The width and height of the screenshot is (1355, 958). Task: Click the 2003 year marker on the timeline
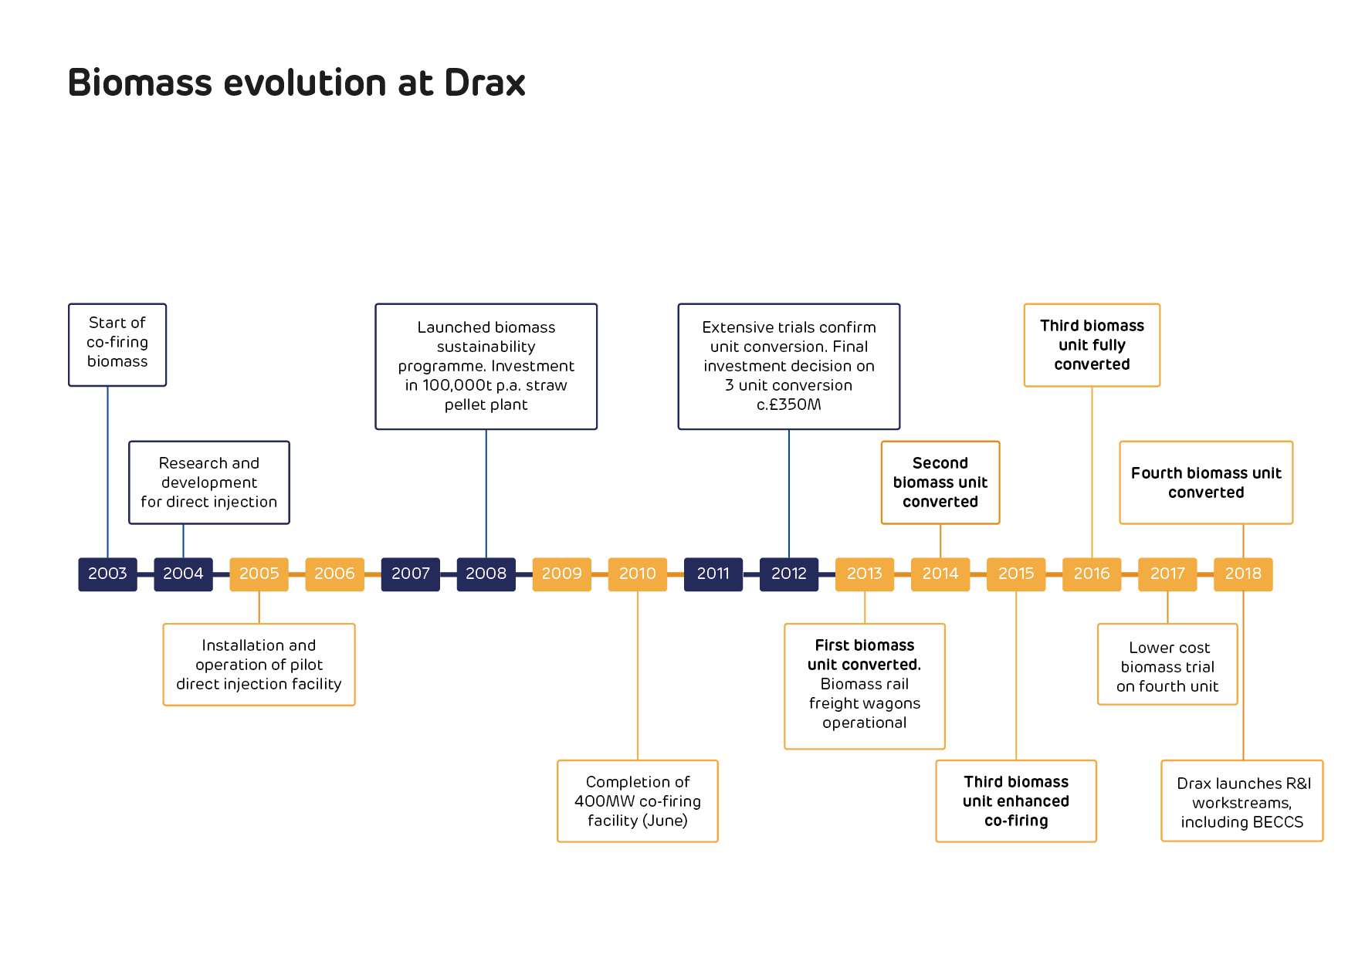(x=107, y=574)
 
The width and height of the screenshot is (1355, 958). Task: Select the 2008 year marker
(x=486, y=574)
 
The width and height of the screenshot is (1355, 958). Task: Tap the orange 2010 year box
(x=638, y=574)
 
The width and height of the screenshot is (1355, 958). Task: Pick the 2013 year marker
(x=865, y=574)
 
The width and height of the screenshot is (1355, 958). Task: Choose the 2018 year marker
(x=1243, y=574)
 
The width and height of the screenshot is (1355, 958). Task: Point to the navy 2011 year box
(x=713, y=574)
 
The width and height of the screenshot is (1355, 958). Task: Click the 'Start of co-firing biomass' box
(x=117, y=344)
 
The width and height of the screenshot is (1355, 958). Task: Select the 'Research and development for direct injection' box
(x=209, y=482)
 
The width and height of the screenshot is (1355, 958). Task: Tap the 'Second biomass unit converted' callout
(x=940, y=482)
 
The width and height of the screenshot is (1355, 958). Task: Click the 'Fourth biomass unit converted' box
(x=1206, y=482)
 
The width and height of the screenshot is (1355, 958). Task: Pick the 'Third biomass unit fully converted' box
(x=1092, y=344)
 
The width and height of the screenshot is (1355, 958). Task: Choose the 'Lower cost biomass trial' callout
(x=1167, y=665)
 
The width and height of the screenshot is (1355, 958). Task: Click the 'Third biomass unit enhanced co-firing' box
(x=1016, y=801)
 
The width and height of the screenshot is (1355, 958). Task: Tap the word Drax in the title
(x=485, y=83)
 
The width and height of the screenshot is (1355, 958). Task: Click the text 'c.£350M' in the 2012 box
(x=789, y=405)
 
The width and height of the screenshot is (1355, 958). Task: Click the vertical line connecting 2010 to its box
(x=638, y=676)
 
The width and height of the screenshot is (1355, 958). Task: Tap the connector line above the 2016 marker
(x=1092, y=472)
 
